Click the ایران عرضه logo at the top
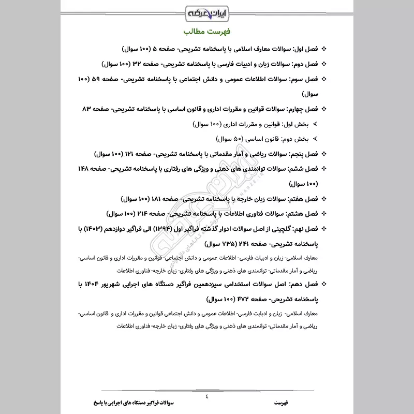[207, 11]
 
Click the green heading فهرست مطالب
[207, 32]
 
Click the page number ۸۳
[87, 110]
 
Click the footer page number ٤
[206, 396]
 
